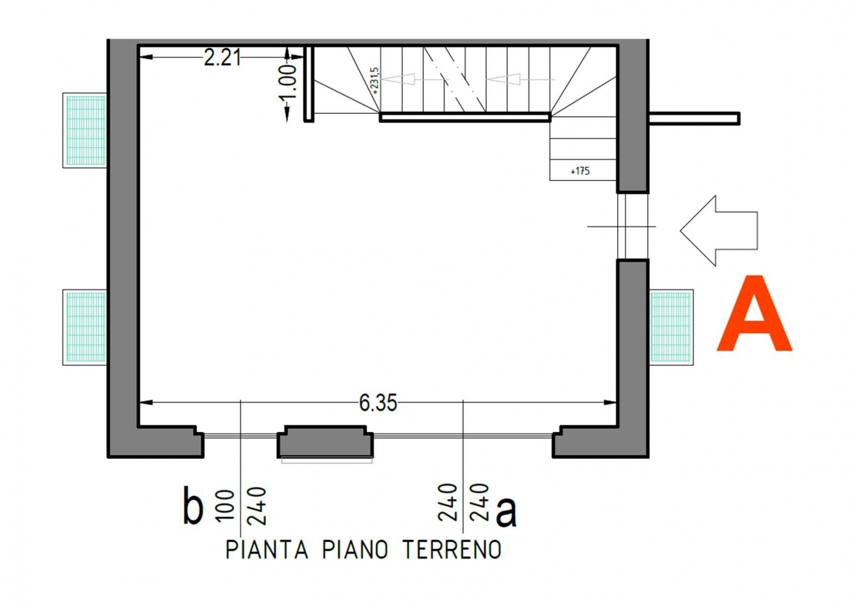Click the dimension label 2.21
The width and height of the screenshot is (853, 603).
pyautogui.click(x=222, y=58)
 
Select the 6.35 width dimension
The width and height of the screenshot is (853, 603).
pyautogui.click(x=378, y=403)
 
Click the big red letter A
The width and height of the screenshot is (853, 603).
pyautogui.click(x=755, y=313)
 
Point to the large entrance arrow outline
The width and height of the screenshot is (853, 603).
pyautogui.click(x=719, y=230)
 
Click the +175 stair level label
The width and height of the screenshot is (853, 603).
pyautogui.click(x=580, y=171)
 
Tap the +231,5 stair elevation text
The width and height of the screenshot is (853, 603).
pyautogui.click(x=375, y=81)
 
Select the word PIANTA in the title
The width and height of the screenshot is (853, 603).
pyautogui.click(x=267, y=550)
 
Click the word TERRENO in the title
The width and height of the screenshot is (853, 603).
pyautogui.click(x=452, y=550)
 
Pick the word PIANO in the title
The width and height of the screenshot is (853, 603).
pyautogui.click(x=355, y=550)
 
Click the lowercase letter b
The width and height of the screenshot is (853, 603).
pyautogui.click(x=193, y=505)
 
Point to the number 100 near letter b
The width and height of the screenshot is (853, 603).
pyautogui.click(x=225, y=505)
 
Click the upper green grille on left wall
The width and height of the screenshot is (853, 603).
pyautogui.click(x=85, y=130)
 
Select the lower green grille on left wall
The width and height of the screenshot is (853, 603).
pyautogui.click(x=85, y=327)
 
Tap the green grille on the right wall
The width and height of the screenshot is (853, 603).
pyautogui.click(x=671, y=327)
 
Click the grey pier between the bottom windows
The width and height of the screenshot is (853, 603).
pyautogui.click(x=325, y=441)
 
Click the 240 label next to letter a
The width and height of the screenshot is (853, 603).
pyautogui.click(x=479, y=502)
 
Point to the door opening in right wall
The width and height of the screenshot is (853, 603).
pyautogui.click(x=632, y=226)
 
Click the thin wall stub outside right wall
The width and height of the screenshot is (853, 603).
pyautogui.click(x=694, y=118)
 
